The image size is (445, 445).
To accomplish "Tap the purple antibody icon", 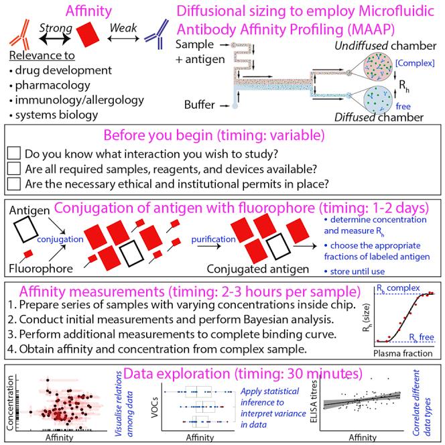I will pyautogui.click(x=158, y=36).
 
